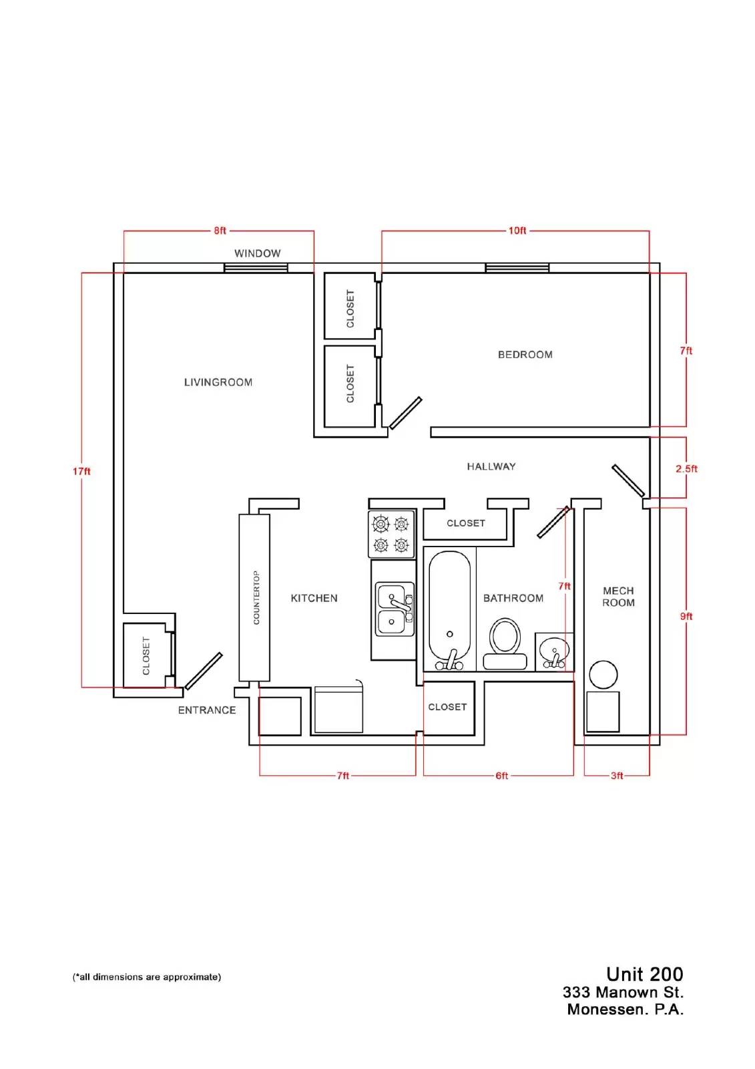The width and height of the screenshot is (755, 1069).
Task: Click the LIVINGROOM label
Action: [x=218, y=382]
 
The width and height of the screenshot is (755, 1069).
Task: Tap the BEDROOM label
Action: [x=525, y=355]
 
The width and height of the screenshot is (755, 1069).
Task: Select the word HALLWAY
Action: [x=491, y=466]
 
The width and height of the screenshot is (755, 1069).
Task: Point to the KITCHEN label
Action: [x=314, y=598]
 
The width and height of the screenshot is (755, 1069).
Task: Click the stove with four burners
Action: [x=391, y=534]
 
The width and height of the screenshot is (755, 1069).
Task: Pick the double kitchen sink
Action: [x=395, y=609]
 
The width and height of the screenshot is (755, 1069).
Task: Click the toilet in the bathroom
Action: [x=505, y=644]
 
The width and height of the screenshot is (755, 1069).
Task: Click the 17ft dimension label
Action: [x=81, y=472]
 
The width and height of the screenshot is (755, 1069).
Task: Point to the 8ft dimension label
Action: [x=220, y=231]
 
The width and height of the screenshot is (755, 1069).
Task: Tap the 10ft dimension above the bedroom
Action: [x=517, y=231]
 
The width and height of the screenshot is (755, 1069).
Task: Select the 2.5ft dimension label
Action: [x=686, y=468]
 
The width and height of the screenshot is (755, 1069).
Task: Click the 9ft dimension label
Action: [x=686, y=616]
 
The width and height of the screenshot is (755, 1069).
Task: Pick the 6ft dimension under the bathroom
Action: [x=502, y=776]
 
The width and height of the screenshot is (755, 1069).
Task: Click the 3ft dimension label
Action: [x=617, y=776]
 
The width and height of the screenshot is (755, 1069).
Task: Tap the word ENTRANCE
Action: [x=207, y=710]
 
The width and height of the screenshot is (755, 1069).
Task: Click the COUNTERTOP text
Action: [x=256, y=597]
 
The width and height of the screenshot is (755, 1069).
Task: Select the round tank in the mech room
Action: [x=603, y=674]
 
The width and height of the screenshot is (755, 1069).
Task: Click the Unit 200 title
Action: [x=644, y=974]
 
